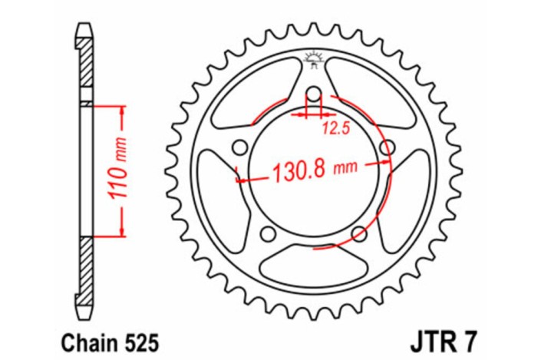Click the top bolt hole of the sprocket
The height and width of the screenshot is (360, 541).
coord(313,95)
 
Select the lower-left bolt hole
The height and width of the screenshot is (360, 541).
coord(268,233)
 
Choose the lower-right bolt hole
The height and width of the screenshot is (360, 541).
coord(358,233)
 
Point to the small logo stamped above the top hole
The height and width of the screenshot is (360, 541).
coord(313,57)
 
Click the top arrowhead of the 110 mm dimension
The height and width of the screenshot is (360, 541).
coord(122,107)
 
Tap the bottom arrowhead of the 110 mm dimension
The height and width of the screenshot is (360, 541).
coord(122,233)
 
